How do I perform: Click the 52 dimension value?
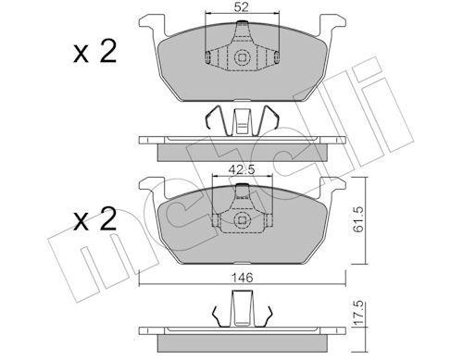[240, 8]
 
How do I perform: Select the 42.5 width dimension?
[240, 169]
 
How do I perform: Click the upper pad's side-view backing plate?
[240, 141]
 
